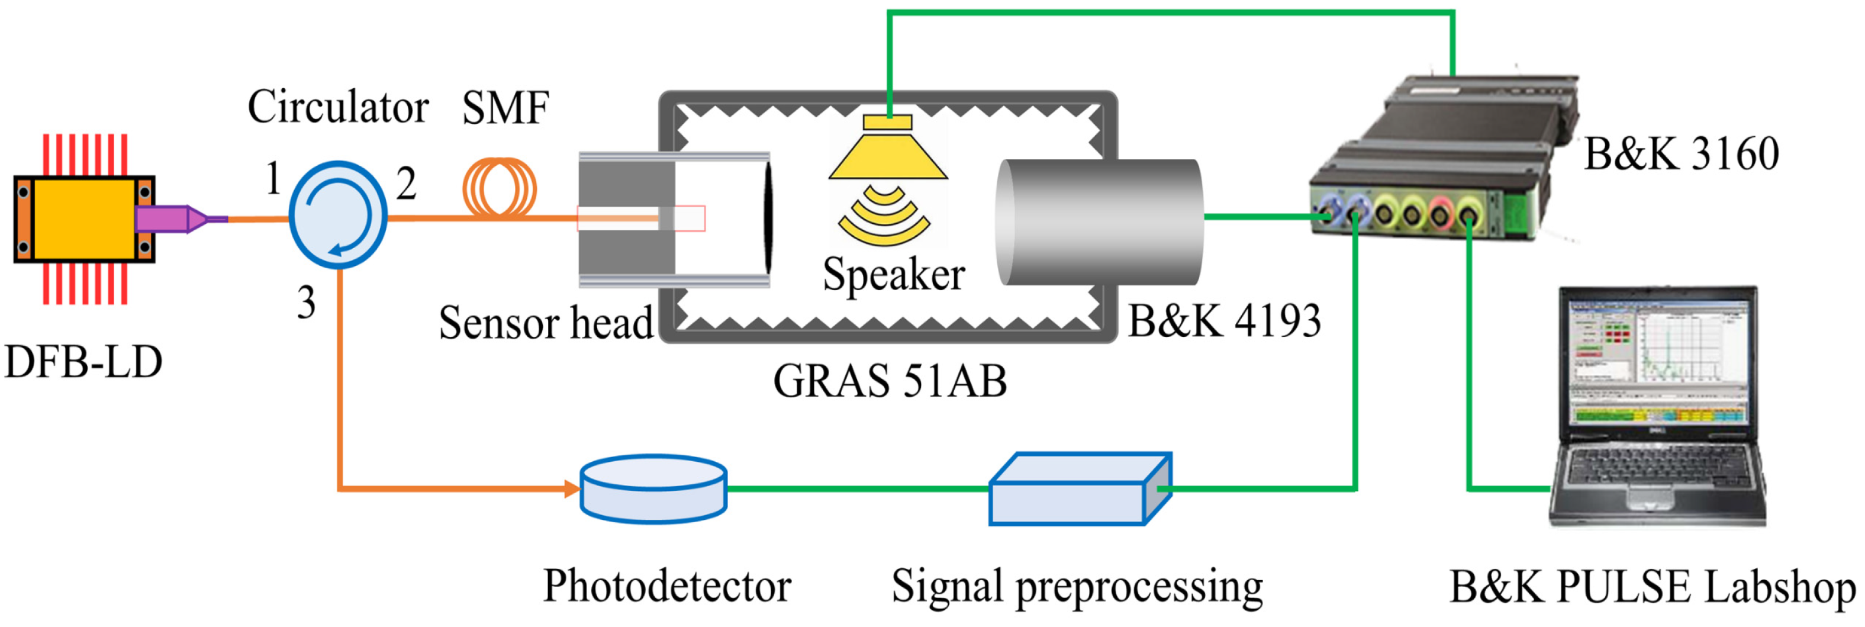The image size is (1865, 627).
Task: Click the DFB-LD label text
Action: (83, 362)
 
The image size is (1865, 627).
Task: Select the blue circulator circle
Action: (338, 215)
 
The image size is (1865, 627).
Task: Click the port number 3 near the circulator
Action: (306, 303)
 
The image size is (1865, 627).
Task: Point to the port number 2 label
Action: (406, 184)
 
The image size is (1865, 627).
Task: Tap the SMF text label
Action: (505, 108)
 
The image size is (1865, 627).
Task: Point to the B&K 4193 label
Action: (1224, 321)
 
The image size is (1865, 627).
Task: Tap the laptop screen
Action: (1658, 362)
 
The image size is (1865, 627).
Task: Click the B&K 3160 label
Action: (1681, 154)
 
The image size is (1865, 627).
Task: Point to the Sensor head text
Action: (546, 323)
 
